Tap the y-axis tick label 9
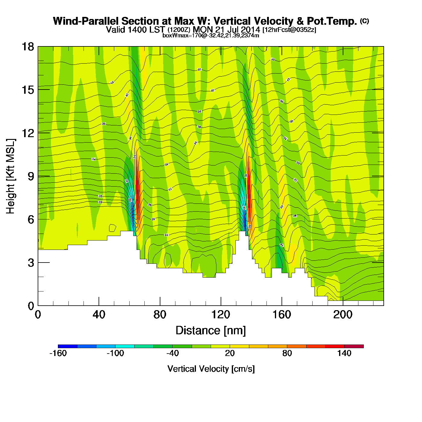point(31,176)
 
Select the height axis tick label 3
point(31,263)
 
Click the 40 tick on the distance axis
point(99,315)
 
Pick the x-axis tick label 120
point(221,315)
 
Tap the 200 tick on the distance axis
point(343,315)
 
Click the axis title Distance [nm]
point(211,331)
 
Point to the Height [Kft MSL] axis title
point(11,176)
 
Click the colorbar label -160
point(58,353)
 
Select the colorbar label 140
point(344,353)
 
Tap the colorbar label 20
point(230,353)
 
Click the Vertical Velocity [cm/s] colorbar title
point(211,369)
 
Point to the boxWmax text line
point(211,35)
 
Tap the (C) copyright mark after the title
point(364,21)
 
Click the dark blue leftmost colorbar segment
point(68,346)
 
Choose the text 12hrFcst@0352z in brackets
point(289,30)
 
